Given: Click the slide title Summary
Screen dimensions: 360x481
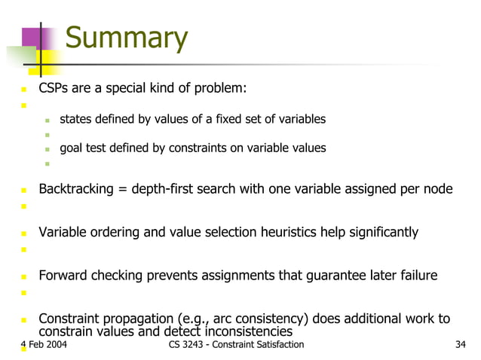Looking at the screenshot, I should click(126, 39).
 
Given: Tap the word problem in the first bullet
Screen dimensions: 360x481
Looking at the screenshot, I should click(219, 90).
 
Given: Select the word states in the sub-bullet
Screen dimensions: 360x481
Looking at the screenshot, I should click(75, 119).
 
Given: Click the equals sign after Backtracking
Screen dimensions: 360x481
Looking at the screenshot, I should click(123, 189).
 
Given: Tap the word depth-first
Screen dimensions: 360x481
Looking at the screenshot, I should click(165, 189).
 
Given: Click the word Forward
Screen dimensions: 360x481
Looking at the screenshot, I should click(64, 275).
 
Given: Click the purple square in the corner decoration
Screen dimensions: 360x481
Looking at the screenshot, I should click(32, 35).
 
